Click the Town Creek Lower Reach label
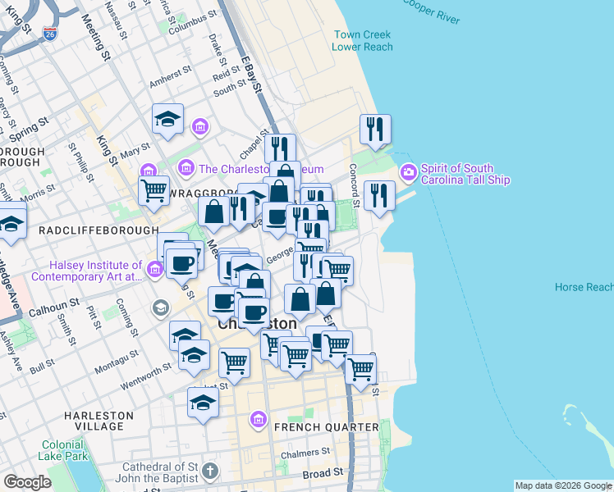[x=361, y=41]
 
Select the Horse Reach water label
[x=584, y=287]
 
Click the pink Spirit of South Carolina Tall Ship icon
[x=408, y=173]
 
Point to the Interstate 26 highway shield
[x=51, y=34]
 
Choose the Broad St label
[x=322, y=474]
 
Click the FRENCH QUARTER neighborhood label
[x=326, y=427]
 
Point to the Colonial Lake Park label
[x=64, y=450]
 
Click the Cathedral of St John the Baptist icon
[x=211, y=471]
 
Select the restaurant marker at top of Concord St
[x=375, y=128]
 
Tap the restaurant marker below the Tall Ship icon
[x=378, y=195]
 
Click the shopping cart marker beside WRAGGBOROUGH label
[x=153, y=190]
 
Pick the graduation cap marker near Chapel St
[x=167, y=118]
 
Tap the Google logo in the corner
[x=27, y=482]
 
